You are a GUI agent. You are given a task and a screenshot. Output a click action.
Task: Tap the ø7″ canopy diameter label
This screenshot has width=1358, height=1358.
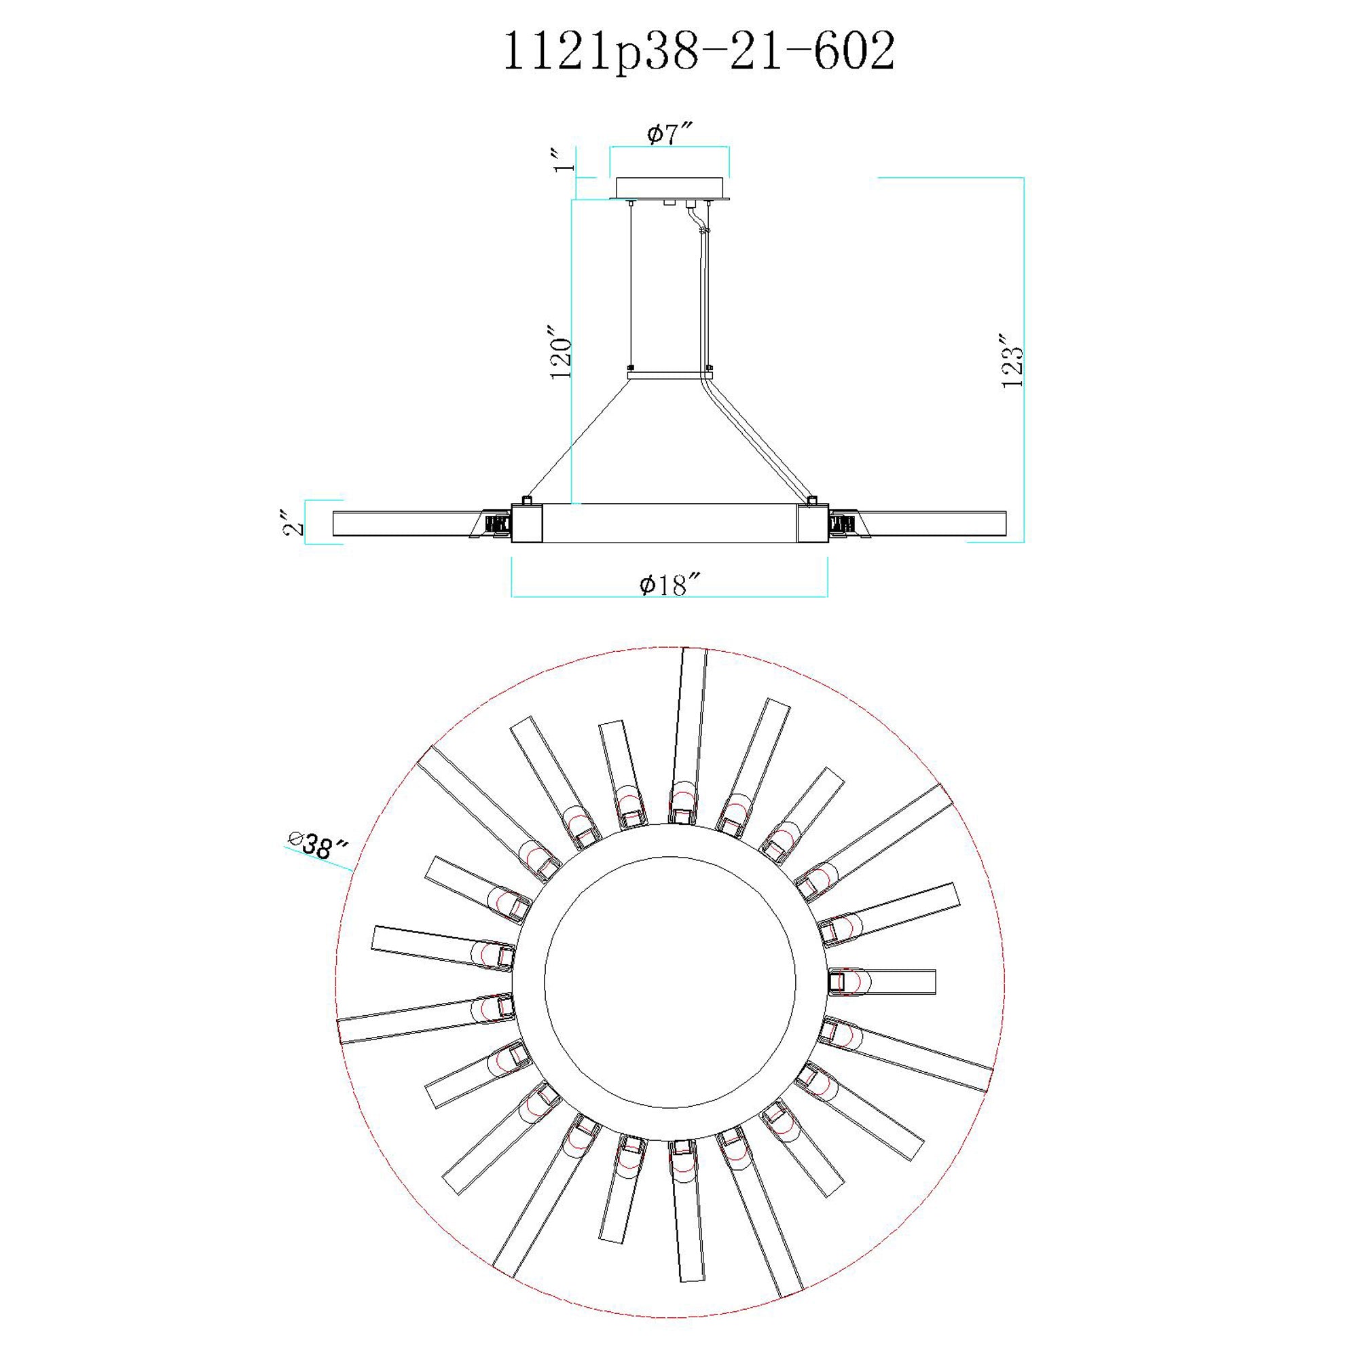[669, 133]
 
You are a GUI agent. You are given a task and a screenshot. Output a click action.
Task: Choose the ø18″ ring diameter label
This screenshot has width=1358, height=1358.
[669, 584]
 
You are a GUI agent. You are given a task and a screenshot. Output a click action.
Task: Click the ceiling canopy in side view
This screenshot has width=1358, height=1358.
[669, 188]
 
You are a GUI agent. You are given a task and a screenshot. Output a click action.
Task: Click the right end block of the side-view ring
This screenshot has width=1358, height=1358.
[813, 523]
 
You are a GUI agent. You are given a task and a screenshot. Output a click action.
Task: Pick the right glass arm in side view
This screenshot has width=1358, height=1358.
[935, 524]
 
